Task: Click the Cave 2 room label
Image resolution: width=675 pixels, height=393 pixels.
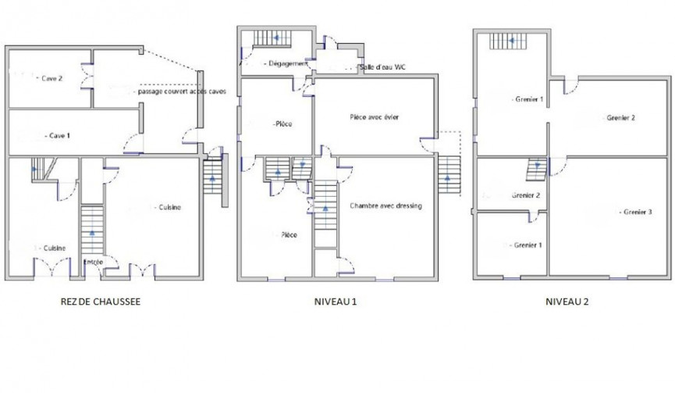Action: [x=52, y=78]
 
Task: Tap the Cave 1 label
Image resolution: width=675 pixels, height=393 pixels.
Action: [x=59, y=136]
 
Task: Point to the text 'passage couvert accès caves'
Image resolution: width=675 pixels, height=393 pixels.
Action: [x=182, y=91]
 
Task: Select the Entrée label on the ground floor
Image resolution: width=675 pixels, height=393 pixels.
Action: [x=93, y=262]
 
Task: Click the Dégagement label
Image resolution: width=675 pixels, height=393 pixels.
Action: [x=289, y=63]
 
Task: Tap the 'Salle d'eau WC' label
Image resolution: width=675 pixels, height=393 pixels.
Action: [x=382, y=67]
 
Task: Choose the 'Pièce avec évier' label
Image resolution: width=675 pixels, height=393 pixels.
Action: [x=374, y=116]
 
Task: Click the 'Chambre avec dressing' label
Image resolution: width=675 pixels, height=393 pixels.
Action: [x=385, y=206]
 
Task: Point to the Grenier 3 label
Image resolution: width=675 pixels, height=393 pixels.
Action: [x=638, y=212]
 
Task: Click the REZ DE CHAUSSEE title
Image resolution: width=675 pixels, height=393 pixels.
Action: [x=101, y=302]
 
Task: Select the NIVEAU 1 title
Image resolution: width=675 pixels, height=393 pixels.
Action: [x=336, y=302]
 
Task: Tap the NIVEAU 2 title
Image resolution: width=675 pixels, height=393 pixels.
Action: [x=567, y=302]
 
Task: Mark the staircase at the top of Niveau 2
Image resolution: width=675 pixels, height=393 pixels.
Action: [x=508, y=41]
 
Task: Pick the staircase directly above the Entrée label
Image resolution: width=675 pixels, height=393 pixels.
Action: [x=92, y=229]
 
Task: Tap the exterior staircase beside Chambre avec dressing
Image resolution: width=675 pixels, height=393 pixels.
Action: [x=449, y=175]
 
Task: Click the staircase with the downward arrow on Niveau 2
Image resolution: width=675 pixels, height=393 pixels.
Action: [x=537, y=170]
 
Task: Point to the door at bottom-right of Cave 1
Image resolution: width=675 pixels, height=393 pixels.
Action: [x=133, y=144]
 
